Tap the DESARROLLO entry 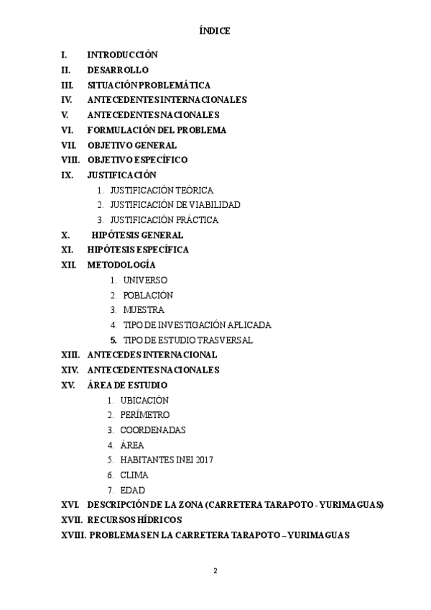[118, 70]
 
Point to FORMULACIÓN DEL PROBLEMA [157, 130]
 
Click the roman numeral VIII [70, 160]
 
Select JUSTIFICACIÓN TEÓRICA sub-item [162, 190]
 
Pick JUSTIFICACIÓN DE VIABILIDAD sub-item [175, 205]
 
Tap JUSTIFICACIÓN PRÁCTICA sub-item [164, 220]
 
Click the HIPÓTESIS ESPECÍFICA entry [138, 250]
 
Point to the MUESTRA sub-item [144, 310]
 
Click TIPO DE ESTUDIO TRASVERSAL [188, 340]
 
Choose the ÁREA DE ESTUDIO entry [127, 385]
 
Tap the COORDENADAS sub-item [153, 430]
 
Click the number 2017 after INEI [204, 460]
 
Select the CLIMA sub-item [134, 475]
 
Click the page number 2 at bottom [215, 570]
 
